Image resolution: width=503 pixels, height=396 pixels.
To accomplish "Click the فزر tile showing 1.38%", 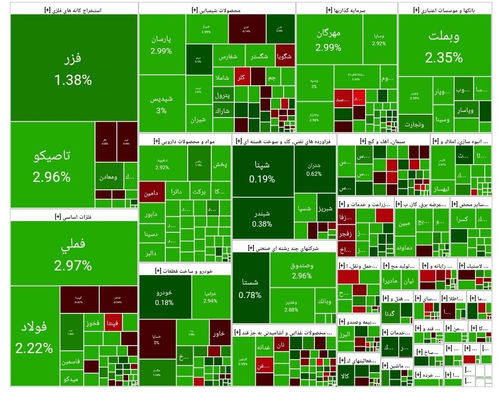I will click(74, 68).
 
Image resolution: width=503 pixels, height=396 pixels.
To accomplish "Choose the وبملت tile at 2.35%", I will click(443, 47).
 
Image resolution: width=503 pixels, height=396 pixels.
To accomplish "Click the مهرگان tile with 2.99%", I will click(328, 40).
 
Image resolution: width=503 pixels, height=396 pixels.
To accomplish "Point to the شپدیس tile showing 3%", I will click(161, 104).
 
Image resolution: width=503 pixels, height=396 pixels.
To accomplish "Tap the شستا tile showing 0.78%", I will click(250, 288).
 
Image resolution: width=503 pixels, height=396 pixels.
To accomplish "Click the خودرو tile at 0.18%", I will click(164, 297).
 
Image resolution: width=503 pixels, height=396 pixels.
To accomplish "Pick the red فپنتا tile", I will click(114, 323).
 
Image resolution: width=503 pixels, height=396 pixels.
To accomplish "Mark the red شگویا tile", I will click(284, 56).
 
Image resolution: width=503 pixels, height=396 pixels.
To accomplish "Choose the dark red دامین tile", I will click(152, 192).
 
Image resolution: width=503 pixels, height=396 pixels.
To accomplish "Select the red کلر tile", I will click(241, 77).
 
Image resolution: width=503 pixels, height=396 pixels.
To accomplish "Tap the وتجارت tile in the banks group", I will click(415, 124).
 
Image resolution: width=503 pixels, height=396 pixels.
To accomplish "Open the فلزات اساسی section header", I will click(73, 215).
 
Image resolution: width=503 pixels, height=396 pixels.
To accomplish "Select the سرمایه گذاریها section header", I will click(347, 9).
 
